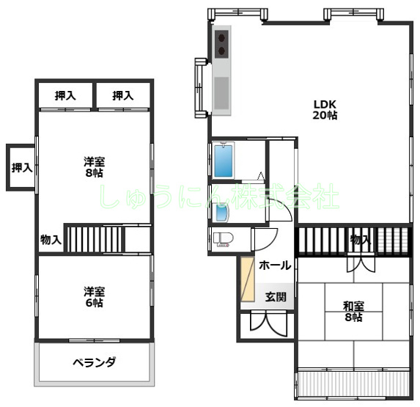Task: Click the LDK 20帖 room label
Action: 325,109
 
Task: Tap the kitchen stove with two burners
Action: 222,44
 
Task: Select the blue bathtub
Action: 224,161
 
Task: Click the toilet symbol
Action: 221,239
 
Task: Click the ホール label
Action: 275,265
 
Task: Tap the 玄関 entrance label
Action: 276,297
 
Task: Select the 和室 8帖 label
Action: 353,312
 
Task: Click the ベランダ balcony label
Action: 95,362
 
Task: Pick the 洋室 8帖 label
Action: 93,166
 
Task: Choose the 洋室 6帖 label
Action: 93,296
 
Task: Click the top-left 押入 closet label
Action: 66,95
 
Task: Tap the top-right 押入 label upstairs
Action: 123,95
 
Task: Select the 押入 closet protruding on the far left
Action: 21,167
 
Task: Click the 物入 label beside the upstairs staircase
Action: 51,239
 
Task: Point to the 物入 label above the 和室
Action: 360,239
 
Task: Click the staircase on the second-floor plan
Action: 95,239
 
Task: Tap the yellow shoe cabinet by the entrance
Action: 247,279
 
